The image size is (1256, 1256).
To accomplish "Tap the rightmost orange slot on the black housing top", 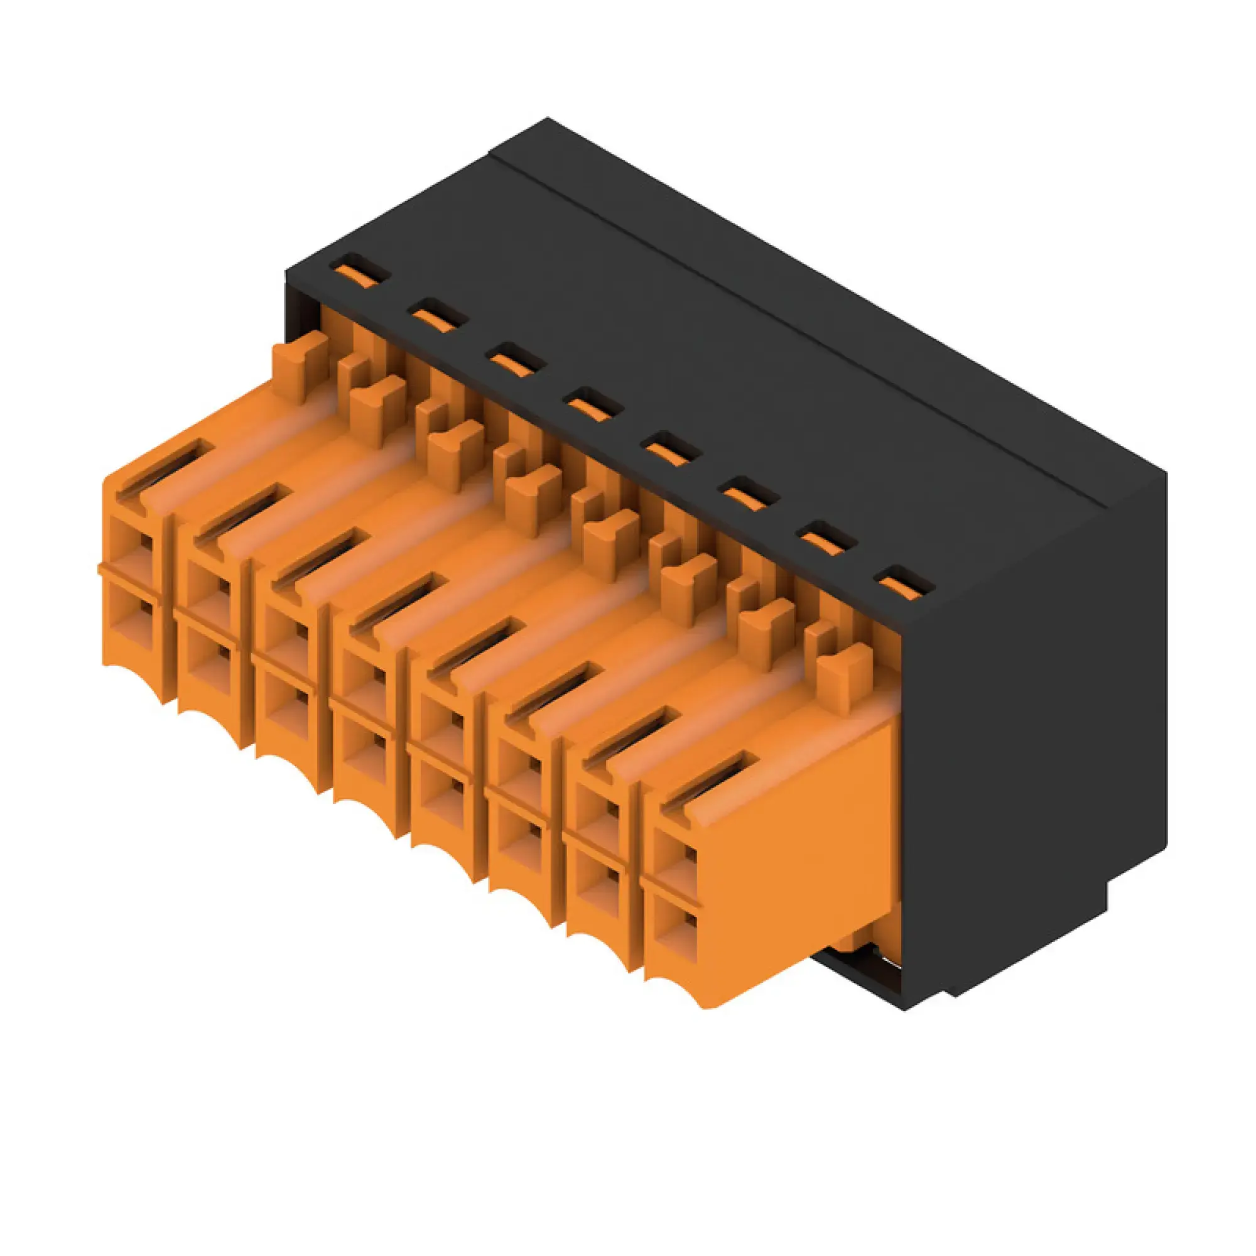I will click(904, 584).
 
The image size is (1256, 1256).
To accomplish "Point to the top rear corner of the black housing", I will click(548, 121).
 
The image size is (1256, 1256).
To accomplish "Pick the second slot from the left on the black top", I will click(439, 315).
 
